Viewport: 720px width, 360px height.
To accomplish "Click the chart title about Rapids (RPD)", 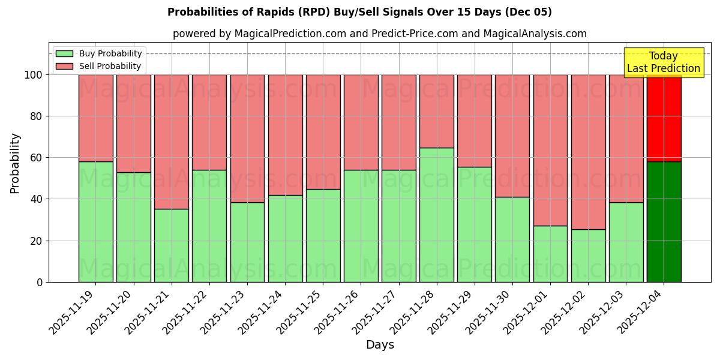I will (x=359, y=12).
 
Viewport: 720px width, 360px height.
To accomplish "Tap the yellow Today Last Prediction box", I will (x=663, y=62).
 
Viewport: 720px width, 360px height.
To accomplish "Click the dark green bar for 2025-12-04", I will (x=664, y=221).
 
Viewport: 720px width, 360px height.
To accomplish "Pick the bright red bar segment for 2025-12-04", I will (x=664, y=118).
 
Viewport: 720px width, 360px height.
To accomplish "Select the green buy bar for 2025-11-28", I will (x=436, y=215).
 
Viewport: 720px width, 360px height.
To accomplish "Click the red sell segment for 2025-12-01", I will (x=550, y=150).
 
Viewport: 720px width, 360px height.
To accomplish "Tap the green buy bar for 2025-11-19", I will (x=95, y=221).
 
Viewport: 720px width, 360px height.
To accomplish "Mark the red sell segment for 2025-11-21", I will (x=171, y=142).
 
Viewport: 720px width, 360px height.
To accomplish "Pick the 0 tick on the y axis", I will (x=40, y=282).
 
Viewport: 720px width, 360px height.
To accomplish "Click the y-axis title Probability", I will (x=15, y=163).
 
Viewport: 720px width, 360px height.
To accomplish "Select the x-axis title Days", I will (x=380, y=345).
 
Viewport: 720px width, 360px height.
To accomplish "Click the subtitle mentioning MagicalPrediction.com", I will (x=379, y=34).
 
